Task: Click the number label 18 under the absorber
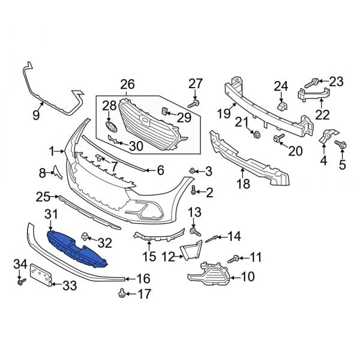(x=243, y=184)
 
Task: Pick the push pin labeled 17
(x=122, y=293)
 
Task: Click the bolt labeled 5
(x=343, y=144)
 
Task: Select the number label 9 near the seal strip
(x=37, y=113)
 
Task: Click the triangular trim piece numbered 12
(x=193, y=250)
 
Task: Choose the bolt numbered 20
(x=278, y=140)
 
